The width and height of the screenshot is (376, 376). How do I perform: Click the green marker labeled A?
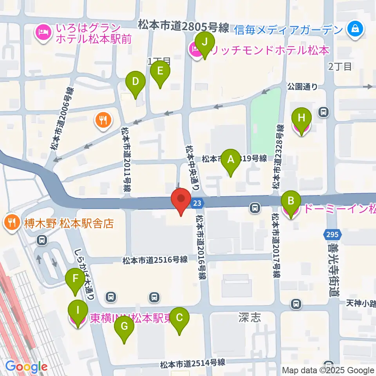coord(231,159)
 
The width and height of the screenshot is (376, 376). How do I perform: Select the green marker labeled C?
coord(179,318)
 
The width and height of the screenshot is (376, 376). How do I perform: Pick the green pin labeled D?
coord(135,82)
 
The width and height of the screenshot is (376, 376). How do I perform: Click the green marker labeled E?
coord(160,71)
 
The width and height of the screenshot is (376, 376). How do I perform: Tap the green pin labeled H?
coord(302,118)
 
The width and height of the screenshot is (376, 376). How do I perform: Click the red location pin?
coord(181,198)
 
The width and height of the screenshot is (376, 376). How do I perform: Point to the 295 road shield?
coord(330,235)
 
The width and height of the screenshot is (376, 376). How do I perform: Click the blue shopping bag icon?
coord(355,29)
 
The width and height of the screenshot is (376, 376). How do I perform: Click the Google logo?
coord(26,367)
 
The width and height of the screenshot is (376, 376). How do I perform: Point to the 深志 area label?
coord(249,317)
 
